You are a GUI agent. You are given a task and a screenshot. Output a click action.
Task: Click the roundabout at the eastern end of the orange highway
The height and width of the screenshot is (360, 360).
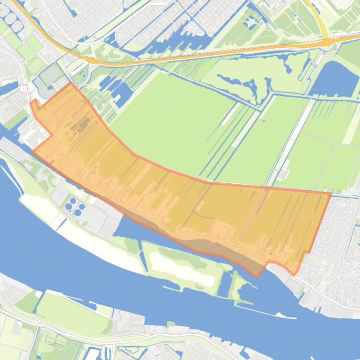[x=326, y=43]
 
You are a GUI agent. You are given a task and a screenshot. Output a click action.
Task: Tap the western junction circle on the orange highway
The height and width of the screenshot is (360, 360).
[x=92, y=60]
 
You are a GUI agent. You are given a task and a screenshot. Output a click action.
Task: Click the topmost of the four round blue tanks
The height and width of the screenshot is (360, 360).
[x=73, y=201]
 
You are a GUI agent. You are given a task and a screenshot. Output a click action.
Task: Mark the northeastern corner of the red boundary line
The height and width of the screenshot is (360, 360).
[x=331, y=193]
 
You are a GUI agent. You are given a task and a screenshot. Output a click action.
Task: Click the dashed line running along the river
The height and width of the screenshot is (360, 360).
[x=187, y=299]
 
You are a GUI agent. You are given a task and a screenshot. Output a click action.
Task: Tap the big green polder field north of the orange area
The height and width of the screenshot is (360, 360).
[x=173, y=122]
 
